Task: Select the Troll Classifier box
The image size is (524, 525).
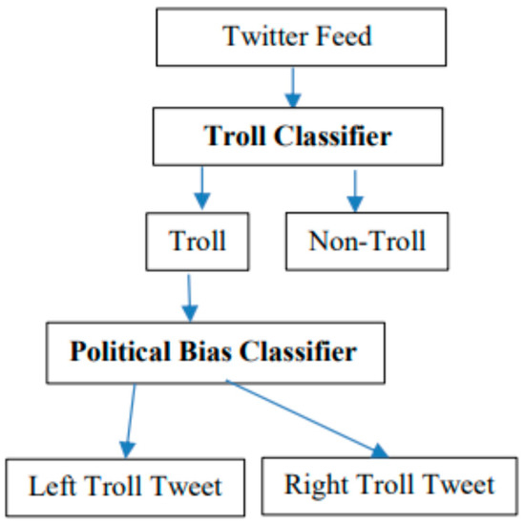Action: (x=297, y=136)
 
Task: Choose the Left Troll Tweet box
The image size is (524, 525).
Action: (x=126, y=486)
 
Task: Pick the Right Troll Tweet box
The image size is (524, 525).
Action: (x=389, y=485)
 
